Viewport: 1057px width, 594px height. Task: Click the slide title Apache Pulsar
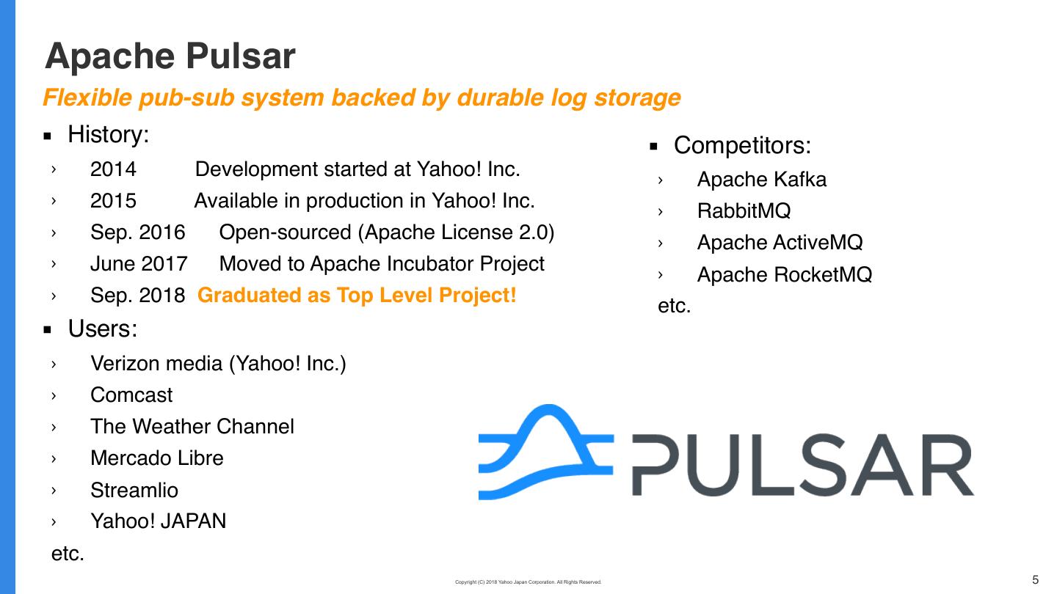[x=170, y=56]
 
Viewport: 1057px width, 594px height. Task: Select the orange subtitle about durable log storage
[x=361, y=98]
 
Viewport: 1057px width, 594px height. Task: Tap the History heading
[x=108, y=135]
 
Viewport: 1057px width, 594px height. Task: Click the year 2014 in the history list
[x=113, y=169]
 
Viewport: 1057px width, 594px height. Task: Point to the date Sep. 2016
[x=137, y=232]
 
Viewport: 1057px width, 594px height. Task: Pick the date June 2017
[x=139, y=264]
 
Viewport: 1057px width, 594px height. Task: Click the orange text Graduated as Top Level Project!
[x=357, y=296]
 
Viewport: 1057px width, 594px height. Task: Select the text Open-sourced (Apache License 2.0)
[x=386, y=232]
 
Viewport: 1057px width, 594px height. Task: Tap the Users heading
[x=102, y=329]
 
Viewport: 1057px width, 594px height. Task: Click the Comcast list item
[x=131, y=395]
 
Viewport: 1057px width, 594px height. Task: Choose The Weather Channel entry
[x=192, y=427]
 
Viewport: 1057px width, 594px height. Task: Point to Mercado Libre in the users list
[x=156, y=458]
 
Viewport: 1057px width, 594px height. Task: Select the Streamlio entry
[x=134, y=490]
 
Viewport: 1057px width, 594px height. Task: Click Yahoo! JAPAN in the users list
[x=158, y=521]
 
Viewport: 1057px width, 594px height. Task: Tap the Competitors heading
[x=742, y=146]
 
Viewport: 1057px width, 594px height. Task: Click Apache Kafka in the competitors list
[x=761, y=180]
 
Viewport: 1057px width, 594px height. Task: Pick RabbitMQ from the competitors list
[x=744, y=211]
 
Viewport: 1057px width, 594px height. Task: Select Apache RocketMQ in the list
[x=784, y=275]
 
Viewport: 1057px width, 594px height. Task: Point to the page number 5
[x=1036, y=580]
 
